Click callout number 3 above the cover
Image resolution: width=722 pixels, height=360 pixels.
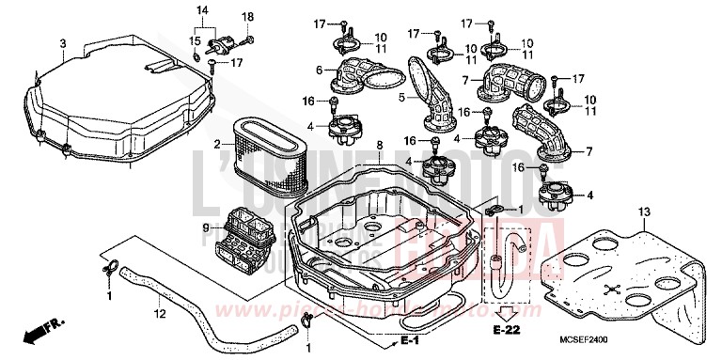[x=62, y=43]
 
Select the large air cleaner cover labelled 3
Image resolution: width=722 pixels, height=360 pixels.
[x=122, y=94]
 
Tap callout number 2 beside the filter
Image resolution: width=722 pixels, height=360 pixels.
[x=216, y=145]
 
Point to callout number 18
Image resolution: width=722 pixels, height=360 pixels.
[x=249, y=18]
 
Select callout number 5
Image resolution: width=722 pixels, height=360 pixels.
[x=400, y=95]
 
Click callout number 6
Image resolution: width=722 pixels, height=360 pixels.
[x=320, y=70]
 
